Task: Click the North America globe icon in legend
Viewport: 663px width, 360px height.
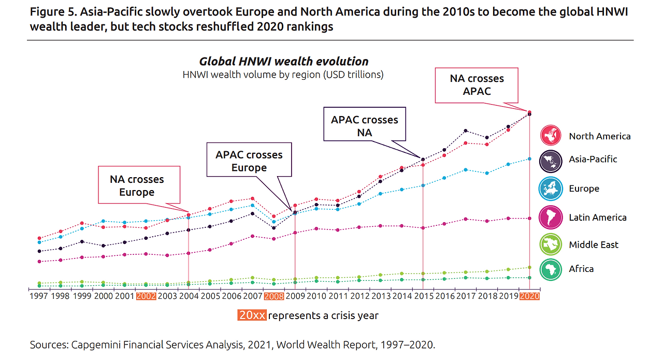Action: click(551, 135)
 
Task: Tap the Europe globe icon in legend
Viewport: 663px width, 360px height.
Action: click(551, 189)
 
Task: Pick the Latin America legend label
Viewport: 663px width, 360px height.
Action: click(597, 218)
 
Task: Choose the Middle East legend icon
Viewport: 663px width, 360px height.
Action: click(551, 244)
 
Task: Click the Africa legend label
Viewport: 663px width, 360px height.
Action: click(581, 269)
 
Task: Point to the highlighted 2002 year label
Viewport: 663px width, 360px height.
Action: click(146, 297)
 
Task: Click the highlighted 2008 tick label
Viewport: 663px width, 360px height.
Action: click(273, 297)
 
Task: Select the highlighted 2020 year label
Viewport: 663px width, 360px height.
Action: click(529, 297)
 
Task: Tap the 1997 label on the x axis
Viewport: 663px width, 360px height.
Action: click(39, 297)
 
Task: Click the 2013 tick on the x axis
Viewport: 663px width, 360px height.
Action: click(380, 297)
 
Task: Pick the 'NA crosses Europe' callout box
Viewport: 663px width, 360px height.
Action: click(139, 185)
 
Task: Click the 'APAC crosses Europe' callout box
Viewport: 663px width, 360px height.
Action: click(249, 161)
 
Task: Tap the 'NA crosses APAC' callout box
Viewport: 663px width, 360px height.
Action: click(477, 85)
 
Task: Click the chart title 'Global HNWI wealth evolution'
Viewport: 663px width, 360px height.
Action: click(283, 62)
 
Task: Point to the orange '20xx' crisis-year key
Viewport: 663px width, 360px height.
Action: click(252, 315)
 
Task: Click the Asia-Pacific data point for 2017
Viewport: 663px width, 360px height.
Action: click(466, 131)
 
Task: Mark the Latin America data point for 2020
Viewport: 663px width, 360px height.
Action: click(529, 218)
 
